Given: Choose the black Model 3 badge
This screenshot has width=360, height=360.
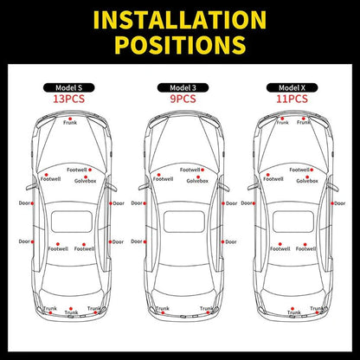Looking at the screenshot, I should pyautogui.click(x=181, y=87).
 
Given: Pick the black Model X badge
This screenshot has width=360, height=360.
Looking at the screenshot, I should pyautogui.click(x=292, y=87).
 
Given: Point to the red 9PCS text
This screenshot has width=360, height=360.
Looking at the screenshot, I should pyautogui.click(x=181, y=99).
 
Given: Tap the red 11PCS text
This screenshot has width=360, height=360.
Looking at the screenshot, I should pyautogui.click(x=292, y=99).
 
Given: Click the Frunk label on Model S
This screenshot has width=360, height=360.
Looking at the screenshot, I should pyautogui.click(x=70, y=123).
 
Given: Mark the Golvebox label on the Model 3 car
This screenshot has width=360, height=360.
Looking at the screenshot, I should pyautogui.click(x=196, y=181).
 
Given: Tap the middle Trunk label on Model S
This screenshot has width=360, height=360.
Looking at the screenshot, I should pyautogui.click(x=71, y=312).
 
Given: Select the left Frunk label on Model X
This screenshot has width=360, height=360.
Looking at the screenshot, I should pyautogui.click(x=282, y=123).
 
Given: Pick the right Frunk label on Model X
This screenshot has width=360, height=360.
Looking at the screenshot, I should pyautogui.click(x=304, y=123).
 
